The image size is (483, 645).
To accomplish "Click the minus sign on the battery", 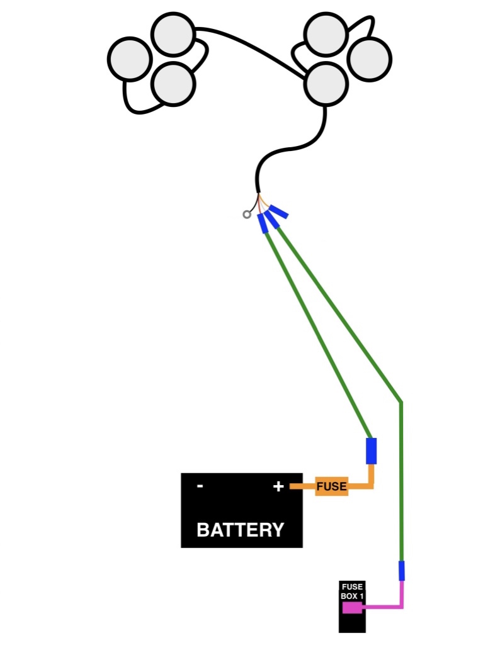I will [200, 486].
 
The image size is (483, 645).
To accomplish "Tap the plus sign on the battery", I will [278, 486].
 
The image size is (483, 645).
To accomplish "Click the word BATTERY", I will [241, 530].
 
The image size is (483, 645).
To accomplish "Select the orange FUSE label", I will [331, 486].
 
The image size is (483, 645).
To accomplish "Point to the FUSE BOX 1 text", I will [352, 591].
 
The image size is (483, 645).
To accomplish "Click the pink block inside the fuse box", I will [351, 607].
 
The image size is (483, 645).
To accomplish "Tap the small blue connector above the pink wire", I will [402, 571].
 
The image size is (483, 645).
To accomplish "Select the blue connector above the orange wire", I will [372, 451].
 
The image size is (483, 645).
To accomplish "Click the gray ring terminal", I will [246, 215].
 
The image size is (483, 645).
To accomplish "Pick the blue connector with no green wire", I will [279, 213].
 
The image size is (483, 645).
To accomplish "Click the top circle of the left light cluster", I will [173, 35].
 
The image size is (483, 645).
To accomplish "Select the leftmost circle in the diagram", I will [130, 59].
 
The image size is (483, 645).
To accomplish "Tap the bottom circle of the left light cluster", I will [173, 84].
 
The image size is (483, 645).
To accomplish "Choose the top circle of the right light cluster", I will [326, 35].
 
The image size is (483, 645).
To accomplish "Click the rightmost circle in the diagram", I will [370, 59].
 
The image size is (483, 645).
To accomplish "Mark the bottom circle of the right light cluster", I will [326, 84].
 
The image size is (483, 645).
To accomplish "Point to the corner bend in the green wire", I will [401, 401].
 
